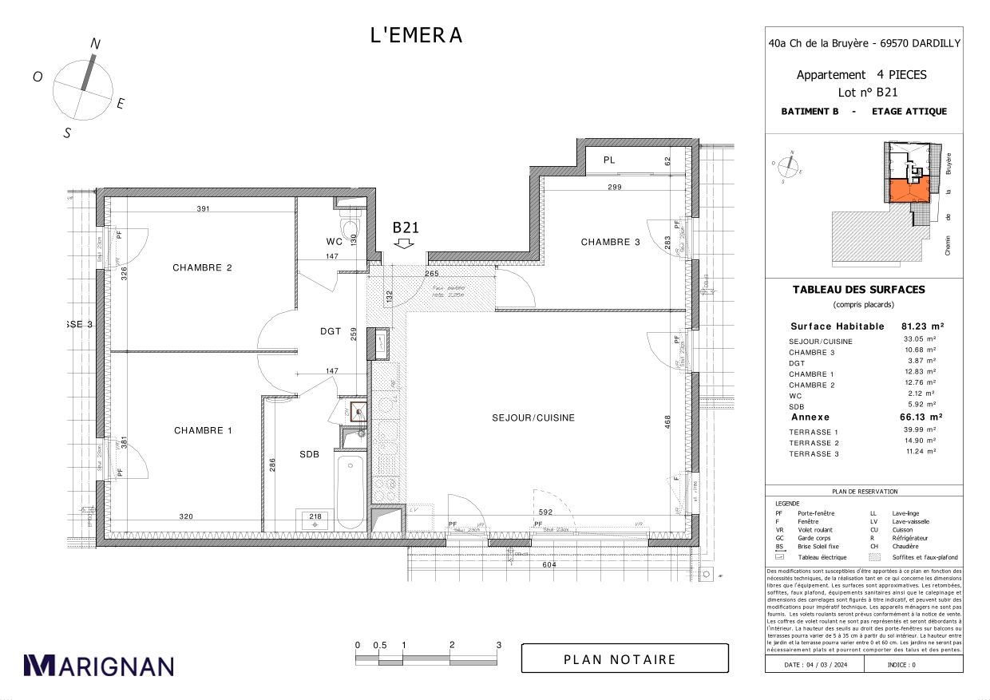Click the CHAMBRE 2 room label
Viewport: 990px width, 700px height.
[x=202, y=267]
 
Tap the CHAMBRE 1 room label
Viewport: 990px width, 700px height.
[x=203, y=430]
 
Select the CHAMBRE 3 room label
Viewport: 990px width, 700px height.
[x=610, y=242]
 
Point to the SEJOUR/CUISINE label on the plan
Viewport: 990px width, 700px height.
[x=533, y=417]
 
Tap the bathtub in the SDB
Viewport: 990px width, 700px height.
[x=350, y=490]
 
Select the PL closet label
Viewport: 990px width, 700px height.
[x=609, y=160]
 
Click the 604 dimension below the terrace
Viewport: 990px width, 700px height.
[x=549, y=564]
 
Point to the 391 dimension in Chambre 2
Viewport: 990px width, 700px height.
[x=203, y=209]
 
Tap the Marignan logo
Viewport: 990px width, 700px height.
[x=99, y=665]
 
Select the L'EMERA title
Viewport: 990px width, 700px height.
[x=416, y=35]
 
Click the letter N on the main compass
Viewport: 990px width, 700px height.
[x=94, y=45]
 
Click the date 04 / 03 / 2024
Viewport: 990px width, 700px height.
[x=814, y=664]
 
